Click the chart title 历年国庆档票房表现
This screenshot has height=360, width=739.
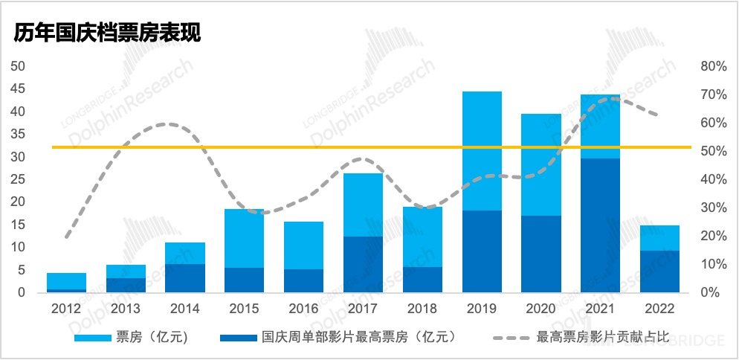point(106,34)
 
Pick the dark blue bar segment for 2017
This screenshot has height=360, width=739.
point(363,264)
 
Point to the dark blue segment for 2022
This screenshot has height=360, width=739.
point(659,271)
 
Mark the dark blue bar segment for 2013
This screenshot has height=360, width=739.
point(126,285)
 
